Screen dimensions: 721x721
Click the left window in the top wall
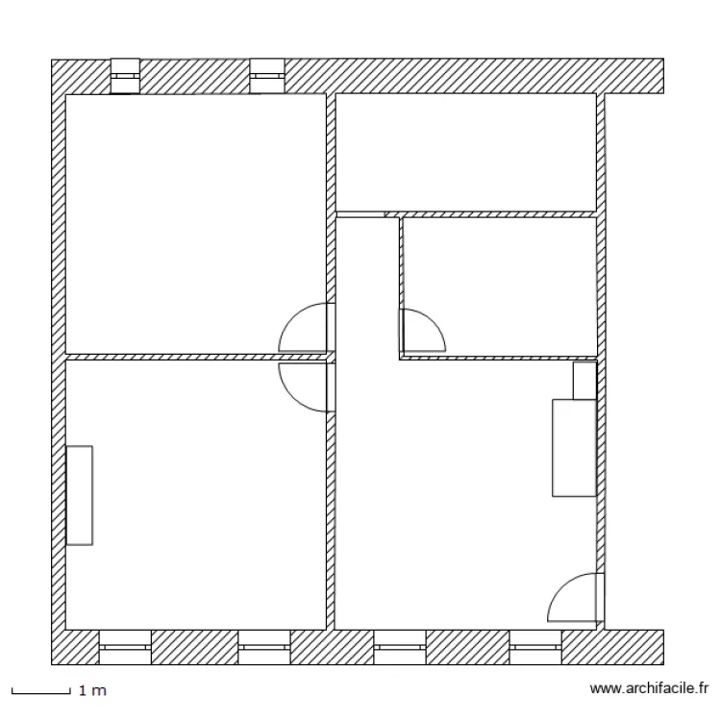point(125,77)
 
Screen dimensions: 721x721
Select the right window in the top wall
point(266,77)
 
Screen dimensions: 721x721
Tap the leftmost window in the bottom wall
point(125,647)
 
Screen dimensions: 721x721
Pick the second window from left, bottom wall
point(264,647)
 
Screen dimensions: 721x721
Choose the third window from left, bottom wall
point(400,647)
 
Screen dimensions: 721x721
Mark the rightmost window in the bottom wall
point(535,647)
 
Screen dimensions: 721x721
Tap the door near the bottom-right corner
point(575,598)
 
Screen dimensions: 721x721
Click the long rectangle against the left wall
point(79,495)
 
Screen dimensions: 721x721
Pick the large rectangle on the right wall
point(574,448)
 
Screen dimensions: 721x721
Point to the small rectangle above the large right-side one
point(584,381)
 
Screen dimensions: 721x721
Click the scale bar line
point(40,691)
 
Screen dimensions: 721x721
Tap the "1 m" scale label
point(92,690)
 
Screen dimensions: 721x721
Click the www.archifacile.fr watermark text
point(649,688)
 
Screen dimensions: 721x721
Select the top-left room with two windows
point(192,211)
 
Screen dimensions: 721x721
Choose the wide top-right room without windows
point(466,152)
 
